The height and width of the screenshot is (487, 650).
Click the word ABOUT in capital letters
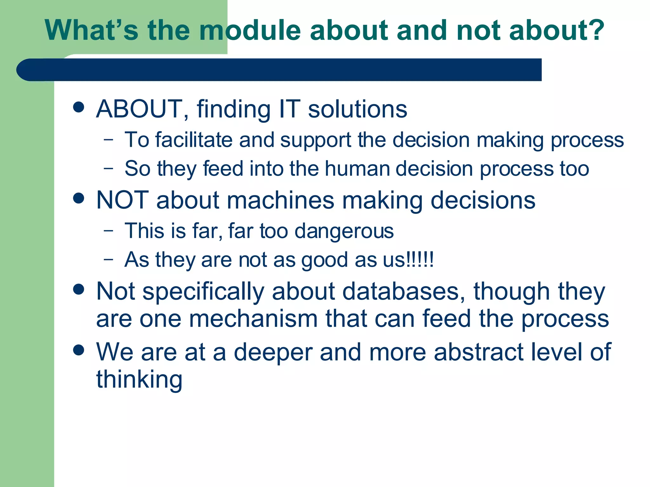coord(140,109)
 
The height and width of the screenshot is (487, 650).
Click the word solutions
coord(358,109)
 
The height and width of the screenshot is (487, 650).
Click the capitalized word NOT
coord(123,200)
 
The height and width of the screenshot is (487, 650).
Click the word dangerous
coord(344,231)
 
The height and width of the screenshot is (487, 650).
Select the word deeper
coord(273,352)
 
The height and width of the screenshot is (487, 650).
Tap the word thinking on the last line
coord(139,380)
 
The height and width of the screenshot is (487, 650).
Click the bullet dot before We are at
coord(78,350)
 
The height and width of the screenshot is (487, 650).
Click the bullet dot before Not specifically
coord(78,289)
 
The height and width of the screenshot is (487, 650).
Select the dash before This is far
coord(108,230)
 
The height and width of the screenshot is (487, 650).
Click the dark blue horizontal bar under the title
coord(279,70)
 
